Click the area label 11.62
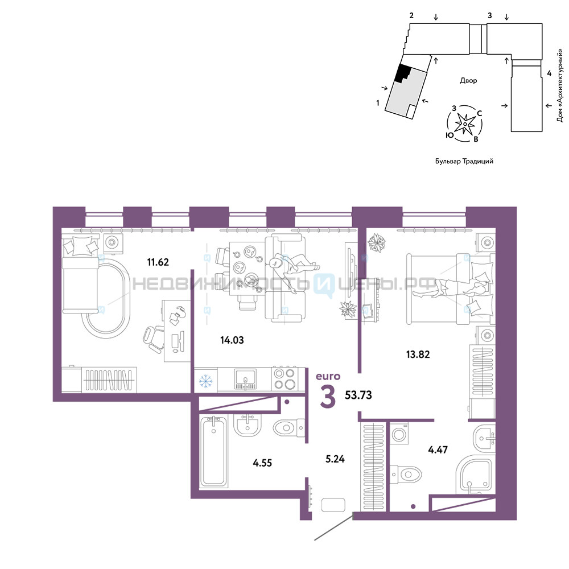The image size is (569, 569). [158, 262]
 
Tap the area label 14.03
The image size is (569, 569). [232, 340]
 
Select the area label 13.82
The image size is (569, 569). [418, 354]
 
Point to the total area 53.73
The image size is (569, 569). [358, 395]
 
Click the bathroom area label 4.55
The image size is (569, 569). [262, 463]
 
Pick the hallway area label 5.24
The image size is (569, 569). [335, 459]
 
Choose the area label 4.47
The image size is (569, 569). [438, 450]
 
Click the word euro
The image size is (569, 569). [328, 376]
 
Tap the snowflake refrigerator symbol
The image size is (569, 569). [205, 381]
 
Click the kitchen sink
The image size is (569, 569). [245, 379]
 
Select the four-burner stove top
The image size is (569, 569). [284, 378]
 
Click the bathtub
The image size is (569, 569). [213, 451]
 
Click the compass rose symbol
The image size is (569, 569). [465, 123]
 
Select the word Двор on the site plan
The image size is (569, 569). [468, 81]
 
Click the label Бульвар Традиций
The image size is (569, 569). [464, 162]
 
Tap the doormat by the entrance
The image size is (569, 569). [333, 505]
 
